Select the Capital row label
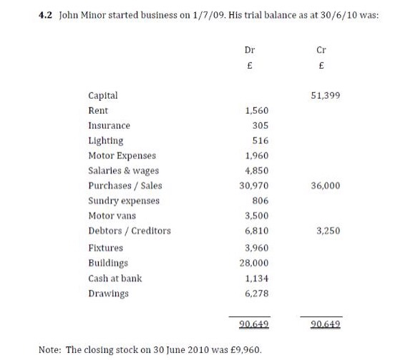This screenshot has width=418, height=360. tap(103, 95)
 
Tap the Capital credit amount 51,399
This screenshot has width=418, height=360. tap(326, 95)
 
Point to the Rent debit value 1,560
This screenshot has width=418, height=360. tap(256, 111)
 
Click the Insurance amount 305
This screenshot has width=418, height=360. tap(261, 125)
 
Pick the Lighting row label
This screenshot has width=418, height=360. tap(105, 140)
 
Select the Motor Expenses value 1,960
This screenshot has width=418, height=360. tap(256, 155)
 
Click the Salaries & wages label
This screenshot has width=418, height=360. tap(123, 170)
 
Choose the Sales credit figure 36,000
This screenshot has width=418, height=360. tap(326, 185)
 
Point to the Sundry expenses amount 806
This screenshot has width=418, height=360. tap(261, 200)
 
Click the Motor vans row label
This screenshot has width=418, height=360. tap(112, 215)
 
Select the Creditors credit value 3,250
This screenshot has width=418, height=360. tap(328, 230)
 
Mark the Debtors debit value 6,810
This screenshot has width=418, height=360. tap(256, 230)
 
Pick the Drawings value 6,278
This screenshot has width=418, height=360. tap(256, 293)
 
